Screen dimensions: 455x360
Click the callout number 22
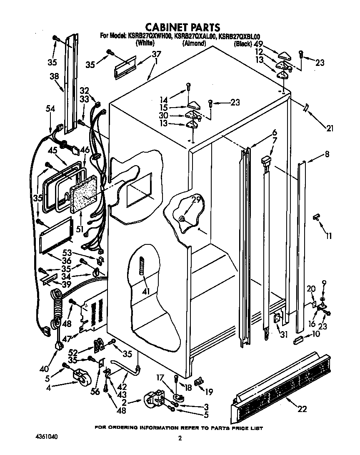pyautogui.click(x=302, y=409)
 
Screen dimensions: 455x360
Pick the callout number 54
pyautogui.click(x=50, y=108)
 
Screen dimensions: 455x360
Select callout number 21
pyautogui.click(x=330, y=128)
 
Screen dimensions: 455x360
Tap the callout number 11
pyautogui.click(x=329, y=236)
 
